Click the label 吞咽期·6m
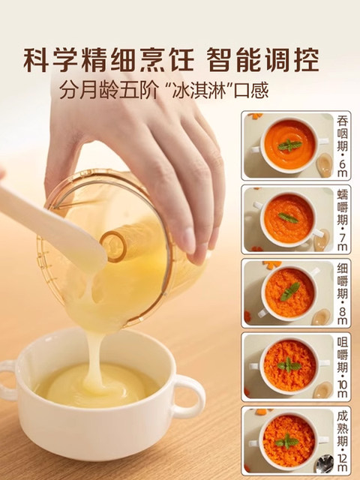coord(342,145)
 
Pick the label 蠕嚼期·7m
coord(342,218)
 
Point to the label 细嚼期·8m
coord(342,292)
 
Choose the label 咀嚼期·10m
coord(342,365)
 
